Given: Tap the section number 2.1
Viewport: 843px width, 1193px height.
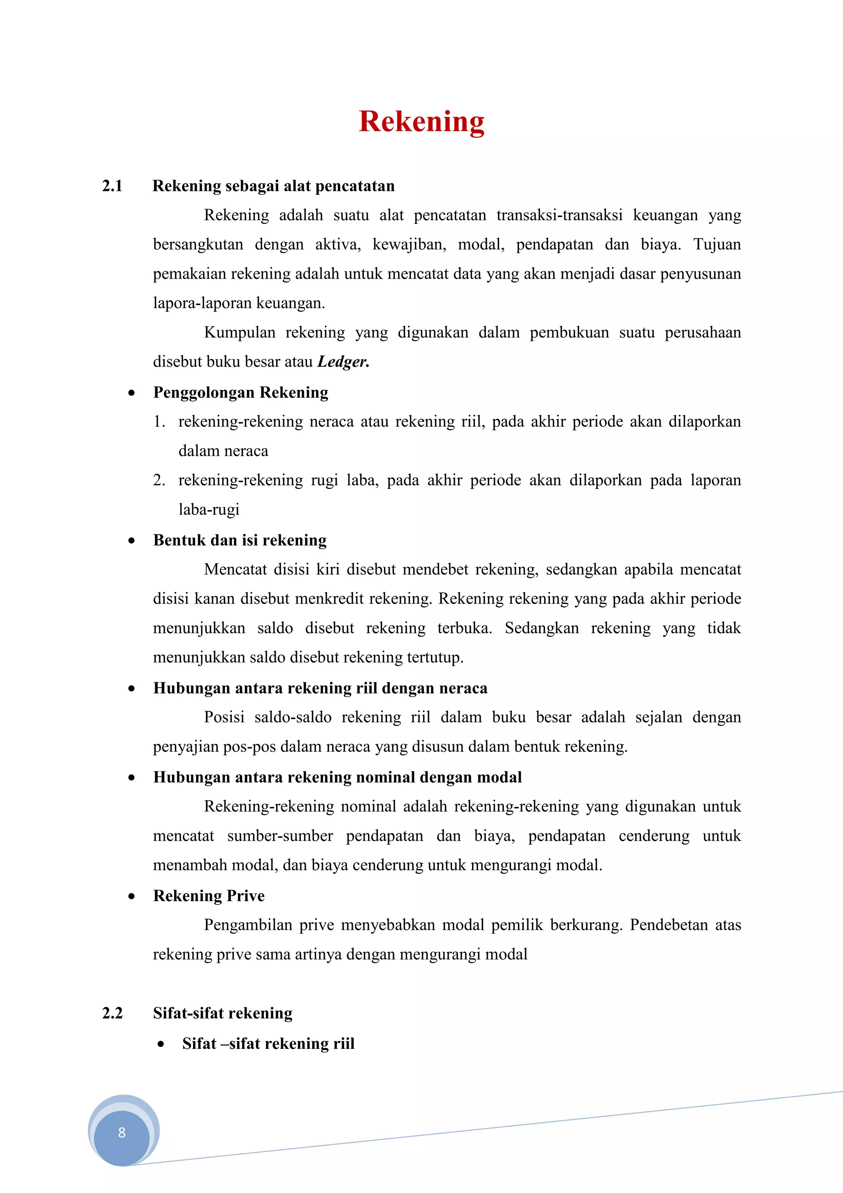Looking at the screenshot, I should pos(112,186).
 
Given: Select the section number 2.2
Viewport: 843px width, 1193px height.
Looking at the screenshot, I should pos(112,1013).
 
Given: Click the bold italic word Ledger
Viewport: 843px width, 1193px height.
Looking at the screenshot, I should pos(343,361).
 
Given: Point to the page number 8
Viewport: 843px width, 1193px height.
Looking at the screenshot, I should pos(122,1133).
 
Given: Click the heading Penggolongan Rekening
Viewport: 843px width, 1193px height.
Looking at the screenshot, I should pos(240,392).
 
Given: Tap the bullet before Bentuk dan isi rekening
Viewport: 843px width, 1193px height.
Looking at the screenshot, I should pos(132,541).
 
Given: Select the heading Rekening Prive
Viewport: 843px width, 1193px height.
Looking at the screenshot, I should pos(209,896).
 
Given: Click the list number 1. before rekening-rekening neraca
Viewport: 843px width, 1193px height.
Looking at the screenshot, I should pos(159,422).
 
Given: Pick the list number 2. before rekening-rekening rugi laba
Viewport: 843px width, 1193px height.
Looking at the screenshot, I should pos(159,480).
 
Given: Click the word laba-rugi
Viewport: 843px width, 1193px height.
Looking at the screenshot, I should pos(209,510).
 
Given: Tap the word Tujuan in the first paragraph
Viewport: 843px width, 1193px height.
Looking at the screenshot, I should pos(717,244).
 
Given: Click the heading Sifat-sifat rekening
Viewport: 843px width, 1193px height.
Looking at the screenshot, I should pos(222,1013).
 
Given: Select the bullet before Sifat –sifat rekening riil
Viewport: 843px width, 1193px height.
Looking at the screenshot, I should pos(161,1044).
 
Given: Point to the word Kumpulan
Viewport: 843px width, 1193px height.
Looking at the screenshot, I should pos(240,333).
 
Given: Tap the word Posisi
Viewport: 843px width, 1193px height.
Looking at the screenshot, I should pos(224,717).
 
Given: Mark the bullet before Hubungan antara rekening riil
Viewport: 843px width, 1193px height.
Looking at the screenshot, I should pos(132,689).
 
